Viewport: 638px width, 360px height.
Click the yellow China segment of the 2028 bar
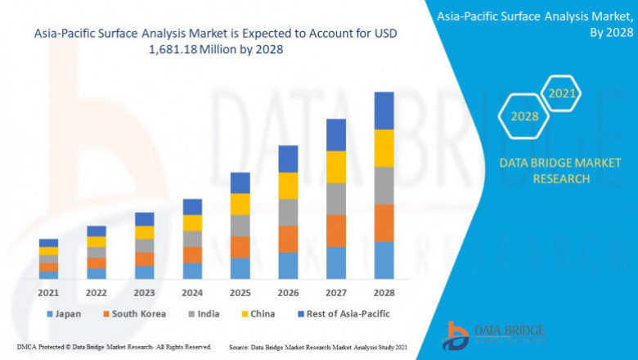click(384, 148)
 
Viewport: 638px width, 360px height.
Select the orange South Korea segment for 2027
click(336, 231)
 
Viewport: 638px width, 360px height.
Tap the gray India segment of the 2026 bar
click(288, 212)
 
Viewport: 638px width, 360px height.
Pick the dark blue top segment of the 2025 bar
click(240, 182)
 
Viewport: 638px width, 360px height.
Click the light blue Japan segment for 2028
click(384, 259)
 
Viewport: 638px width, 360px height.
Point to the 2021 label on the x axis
click(48, 292)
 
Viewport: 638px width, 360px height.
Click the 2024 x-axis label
click(192, 292)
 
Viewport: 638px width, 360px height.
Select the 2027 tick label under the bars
click(336, 292)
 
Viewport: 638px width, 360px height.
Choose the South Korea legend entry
click(134, 313)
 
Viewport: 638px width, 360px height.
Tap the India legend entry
click(203, 313)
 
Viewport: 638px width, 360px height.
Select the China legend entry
click(258, 313)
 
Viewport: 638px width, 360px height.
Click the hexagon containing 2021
click(562, 93)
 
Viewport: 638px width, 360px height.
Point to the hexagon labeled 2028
click(524, 116)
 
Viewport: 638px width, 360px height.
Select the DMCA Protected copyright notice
click(115, 347)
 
